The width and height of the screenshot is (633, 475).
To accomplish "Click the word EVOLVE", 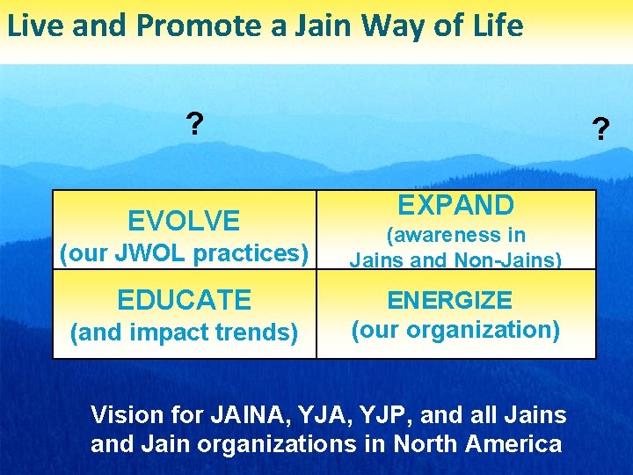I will (x=184, y=220).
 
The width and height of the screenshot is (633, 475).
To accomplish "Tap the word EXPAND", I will (x=455, y=205).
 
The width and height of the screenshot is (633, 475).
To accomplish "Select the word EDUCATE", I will (x=184, y=300).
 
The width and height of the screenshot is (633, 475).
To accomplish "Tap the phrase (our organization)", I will (x=455, y=330).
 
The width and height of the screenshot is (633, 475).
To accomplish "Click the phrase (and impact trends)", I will (x=184, y=332).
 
